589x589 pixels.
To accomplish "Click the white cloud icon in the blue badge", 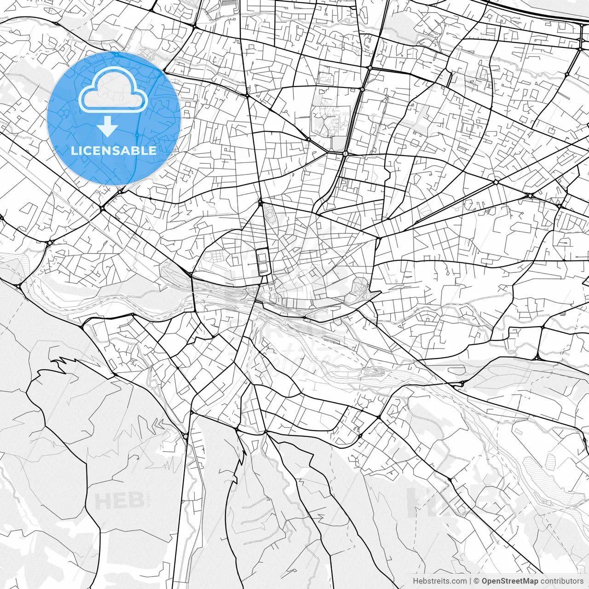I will click(113, 90).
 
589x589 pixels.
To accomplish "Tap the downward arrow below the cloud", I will click(108, 127).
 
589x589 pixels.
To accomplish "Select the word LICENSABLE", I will click(114, 150).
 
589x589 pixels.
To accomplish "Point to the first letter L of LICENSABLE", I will click(74, 150).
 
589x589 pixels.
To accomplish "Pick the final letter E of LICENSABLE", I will click(153, 150).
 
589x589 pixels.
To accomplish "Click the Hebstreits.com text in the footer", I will click(439, 581).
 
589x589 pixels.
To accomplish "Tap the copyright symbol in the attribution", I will click(477, 581).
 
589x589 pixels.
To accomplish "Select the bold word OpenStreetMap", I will click(510, 581).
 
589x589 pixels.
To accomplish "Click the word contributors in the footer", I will click(562, 581).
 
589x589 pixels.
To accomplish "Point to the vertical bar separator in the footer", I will click(470, 581).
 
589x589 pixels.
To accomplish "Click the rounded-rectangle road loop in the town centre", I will click(263, 261).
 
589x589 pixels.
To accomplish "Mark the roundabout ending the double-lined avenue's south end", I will click(345, 153).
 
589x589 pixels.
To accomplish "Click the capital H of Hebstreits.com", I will click(416, 581).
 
